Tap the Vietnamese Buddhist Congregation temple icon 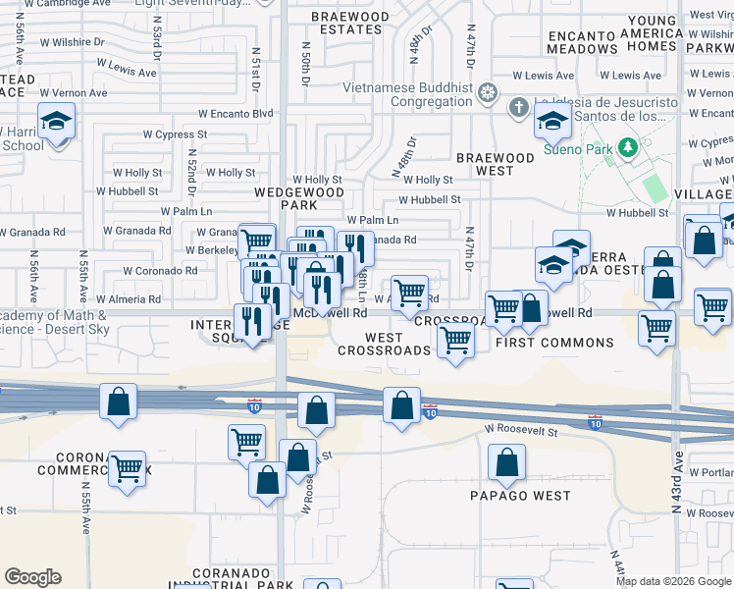[488, 94]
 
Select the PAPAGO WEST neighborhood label [519, 496]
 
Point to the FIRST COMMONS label [554, 343]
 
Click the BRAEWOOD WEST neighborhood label [496, 164]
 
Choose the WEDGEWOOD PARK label [286, 199]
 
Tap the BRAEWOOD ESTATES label [350, 24]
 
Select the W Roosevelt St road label [520, 431]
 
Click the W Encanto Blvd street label [236, 114]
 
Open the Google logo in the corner [33, 577]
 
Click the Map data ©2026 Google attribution [673, 581]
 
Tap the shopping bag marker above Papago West [506, 464]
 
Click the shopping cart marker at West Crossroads [455, 340]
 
